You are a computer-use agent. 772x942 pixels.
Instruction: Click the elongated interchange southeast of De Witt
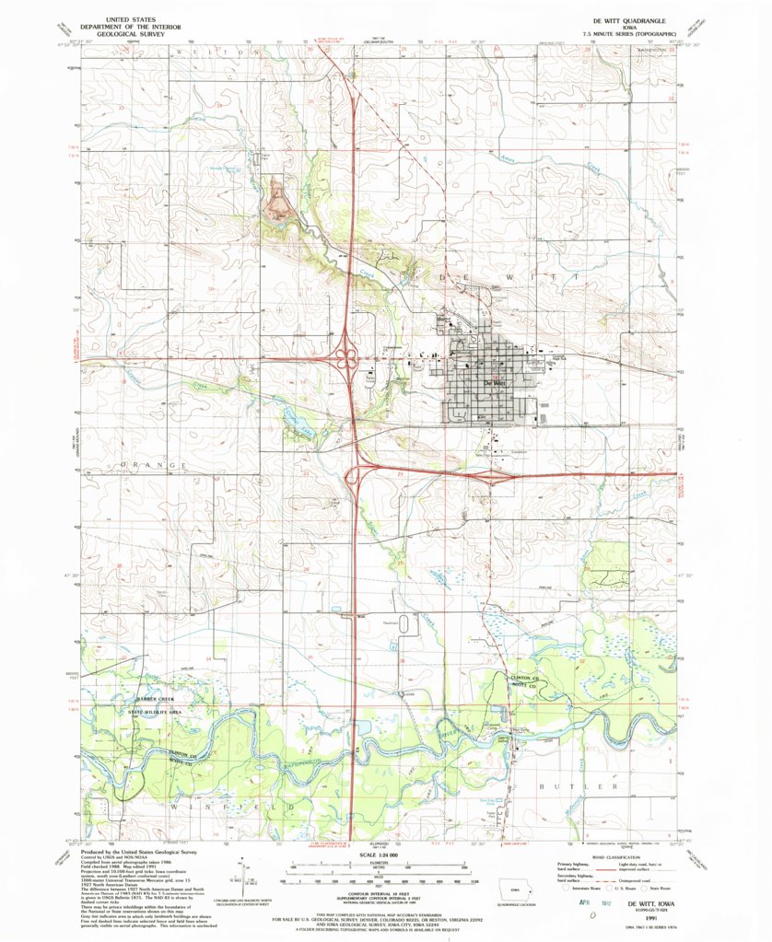[498, 477]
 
